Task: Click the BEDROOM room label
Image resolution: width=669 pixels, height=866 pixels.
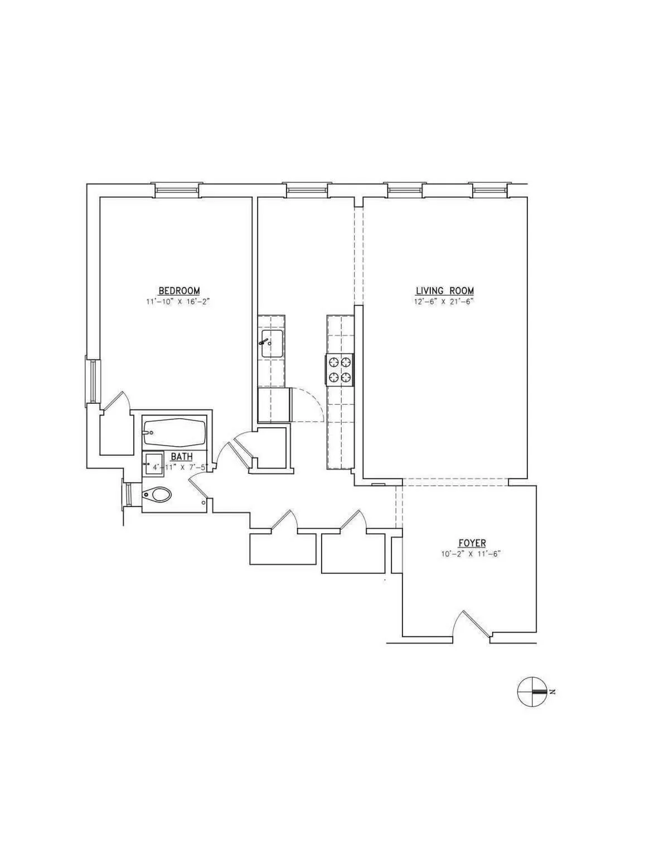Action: click(x=179, y=291)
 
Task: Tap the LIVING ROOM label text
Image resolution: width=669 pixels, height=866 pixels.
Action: click(x=444, y=291)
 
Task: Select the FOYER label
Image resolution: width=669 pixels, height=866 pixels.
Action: click(x=472, y=543)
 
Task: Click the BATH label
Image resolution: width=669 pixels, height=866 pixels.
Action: click(x=182, y=457)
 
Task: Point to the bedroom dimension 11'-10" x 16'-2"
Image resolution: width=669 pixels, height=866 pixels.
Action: click(x=179, y=302)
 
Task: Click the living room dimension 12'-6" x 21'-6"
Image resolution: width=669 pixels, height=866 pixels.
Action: click(x=444, y=302)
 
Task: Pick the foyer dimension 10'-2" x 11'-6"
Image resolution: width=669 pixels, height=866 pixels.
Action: click(x=472, y=554)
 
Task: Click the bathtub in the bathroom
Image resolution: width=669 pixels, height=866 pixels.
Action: click(x=174, y=430)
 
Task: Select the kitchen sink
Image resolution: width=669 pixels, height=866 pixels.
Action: click(x=272, y=344)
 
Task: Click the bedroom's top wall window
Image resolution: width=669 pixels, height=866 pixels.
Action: click(x=176, y=190)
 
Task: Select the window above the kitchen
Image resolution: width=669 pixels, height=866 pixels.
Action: click(x=306, y=190)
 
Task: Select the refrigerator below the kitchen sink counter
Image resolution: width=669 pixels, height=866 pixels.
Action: click(x=274, y=405)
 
